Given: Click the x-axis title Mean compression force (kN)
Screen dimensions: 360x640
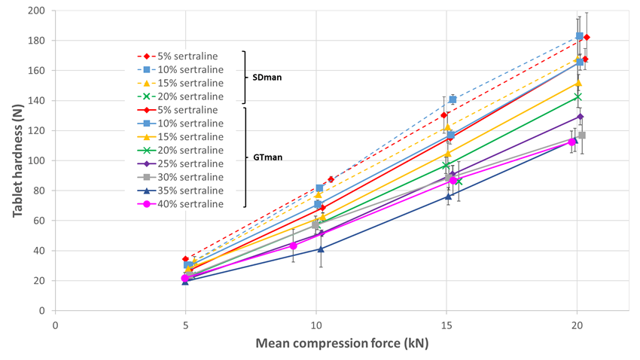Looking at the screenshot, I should pos(341,343).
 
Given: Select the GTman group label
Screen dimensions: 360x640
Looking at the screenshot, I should pos(264,157).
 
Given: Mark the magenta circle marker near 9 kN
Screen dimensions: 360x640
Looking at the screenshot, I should pos(294,246).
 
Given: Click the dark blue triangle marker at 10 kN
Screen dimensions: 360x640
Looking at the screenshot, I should pos(320,249).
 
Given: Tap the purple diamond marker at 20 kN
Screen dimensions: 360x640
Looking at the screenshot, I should pos(580,117).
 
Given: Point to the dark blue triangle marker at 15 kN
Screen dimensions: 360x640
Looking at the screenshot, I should pos(448,197).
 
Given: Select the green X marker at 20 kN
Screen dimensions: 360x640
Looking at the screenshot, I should pos(578,96).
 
